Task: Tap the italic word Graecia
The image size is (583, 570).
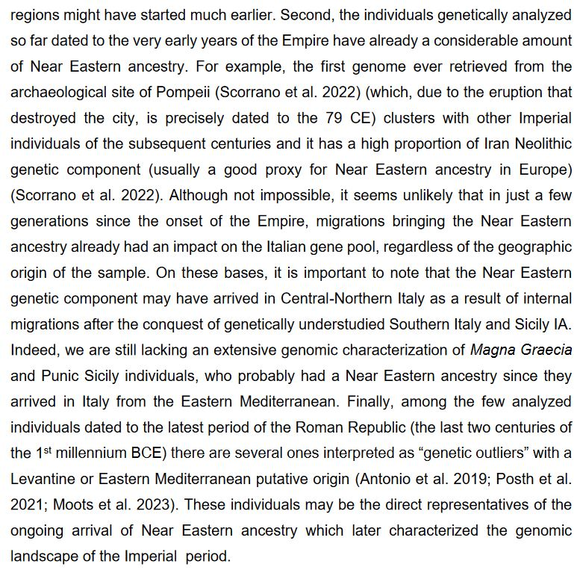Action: tap(547, 349)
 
